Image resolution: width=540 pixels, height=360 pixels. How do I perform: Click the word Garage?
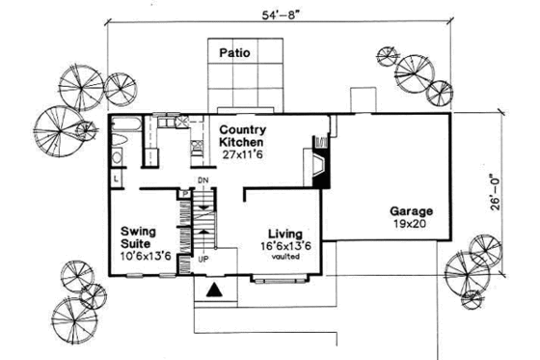tap(410, 210)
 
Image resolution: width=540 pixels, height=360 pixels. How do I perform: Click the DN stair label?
tap(203, 181)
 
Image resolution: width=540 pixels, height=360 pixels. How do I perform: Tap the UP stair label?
tap(203, 260)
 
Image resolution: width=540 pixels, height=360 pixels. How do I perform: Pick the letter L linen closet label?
tap(115, 180)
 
